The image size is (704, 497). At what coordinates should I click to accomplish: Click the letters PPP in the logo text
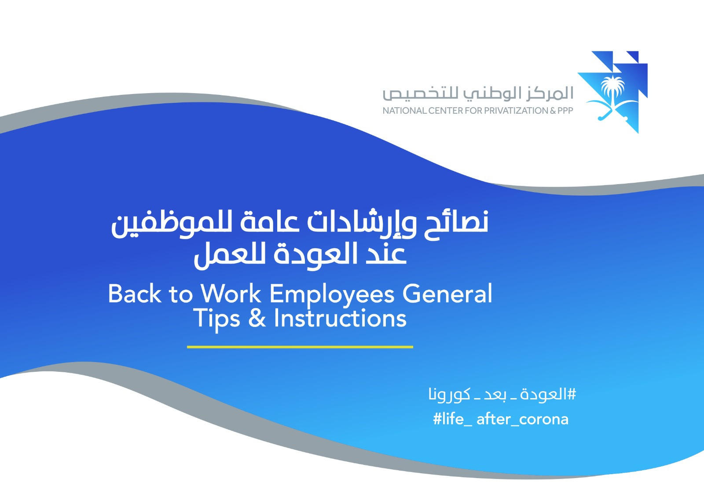(565, 111)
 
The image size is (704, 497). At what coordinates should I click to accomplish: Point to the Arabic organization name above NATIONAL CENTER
(478, 94)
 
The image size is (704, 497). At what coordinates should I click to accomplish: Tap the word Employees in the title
(332, 294)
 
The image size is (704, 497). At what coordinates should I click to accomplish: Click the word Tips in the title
(216, 319)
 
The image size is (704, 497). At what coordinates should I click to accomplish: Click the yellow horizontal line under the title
(300, 347)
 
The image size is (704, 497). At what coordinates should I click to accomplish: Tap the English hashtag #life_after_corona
(501, 419)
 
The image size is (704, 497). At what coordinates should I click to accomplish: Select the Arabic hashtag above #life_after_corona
(502, 394)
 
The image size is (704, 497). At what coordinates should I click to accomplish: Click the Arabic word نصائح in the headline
(456, 222)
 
